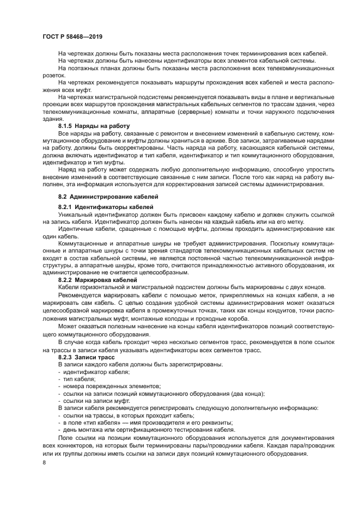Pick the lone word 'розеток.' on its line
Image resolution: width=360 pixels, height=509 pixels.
(55, 75)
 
